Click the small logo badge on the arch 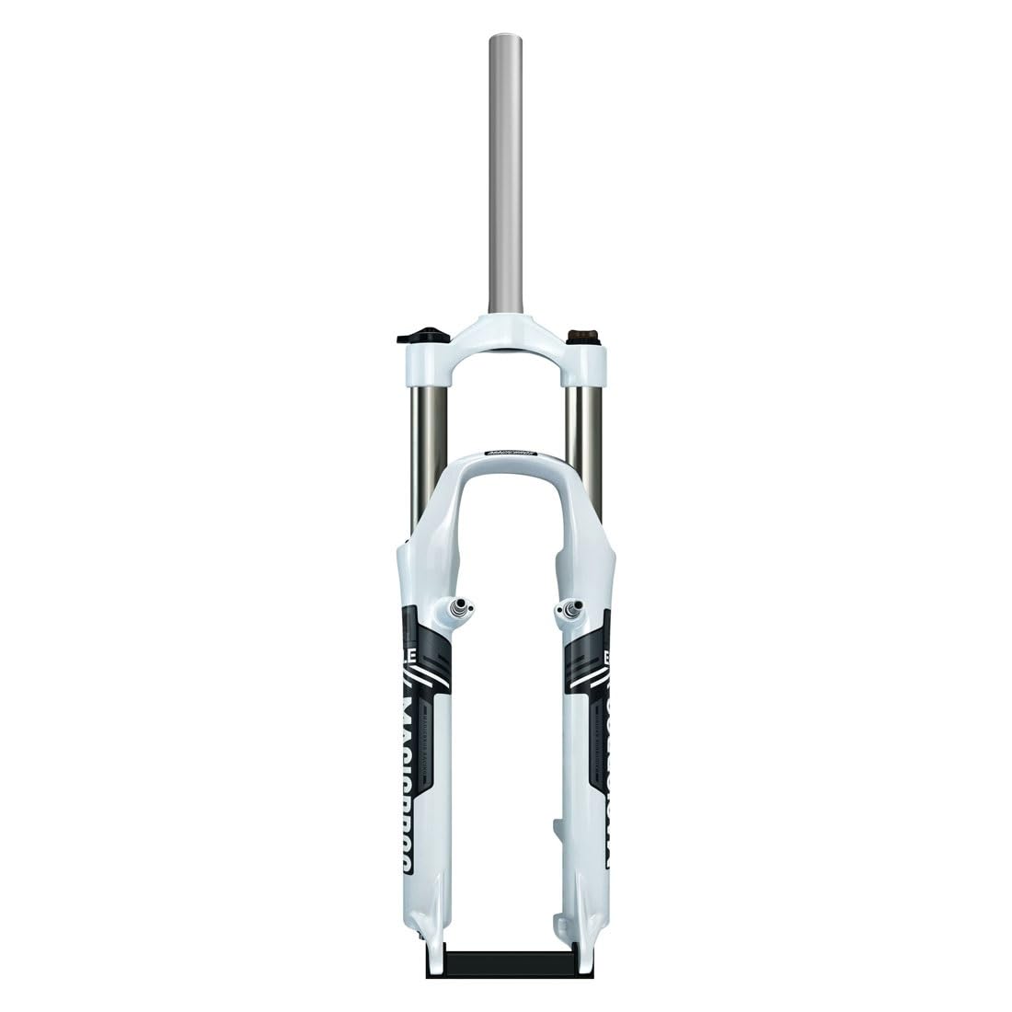pos(506,454)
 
